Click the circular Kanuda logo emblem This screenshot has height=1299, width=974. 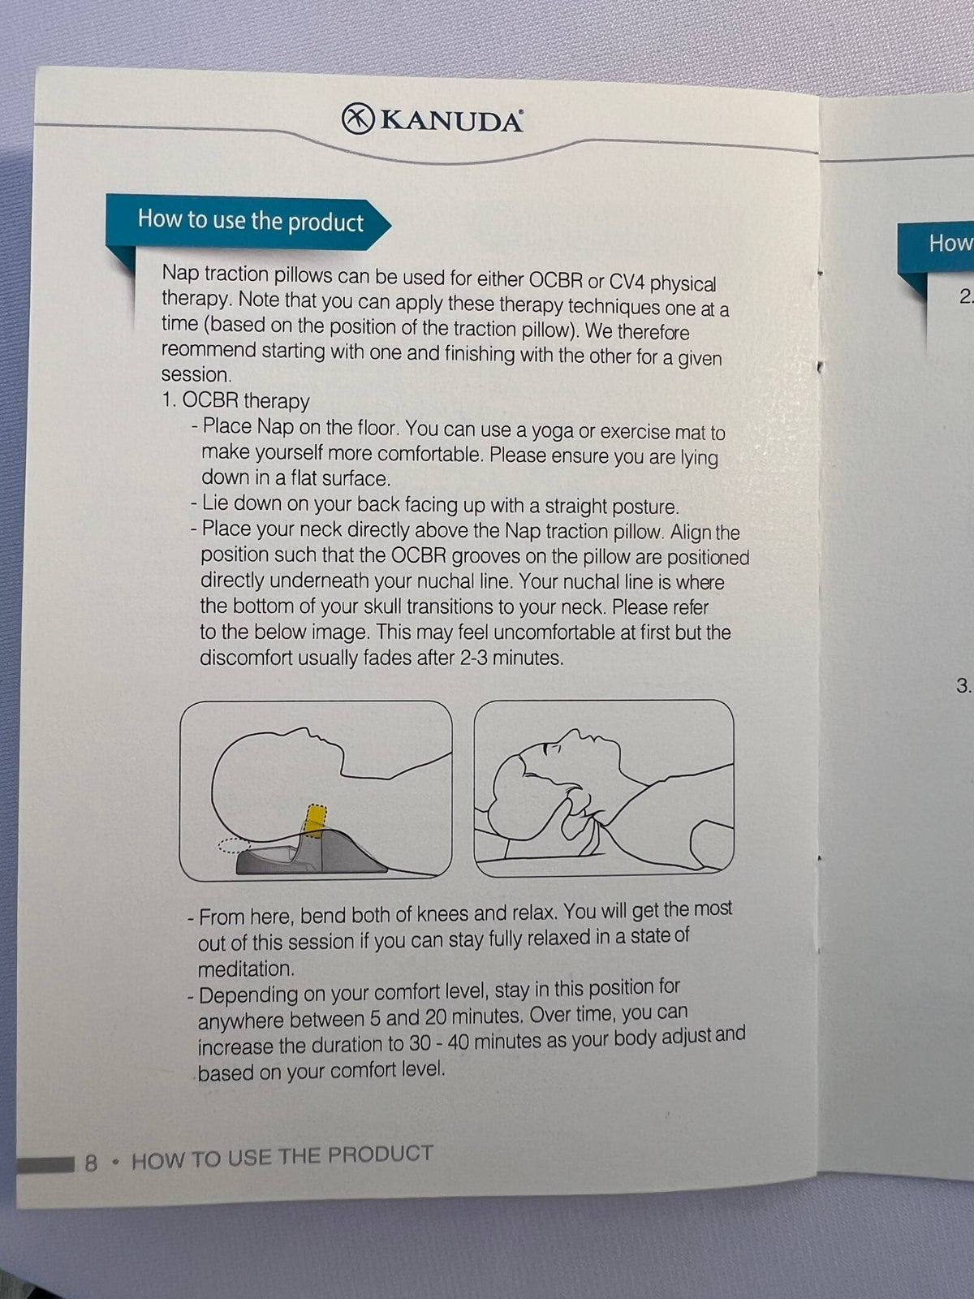click(358, 119)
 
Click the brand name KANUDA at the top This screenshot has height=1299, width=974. click(452, 121)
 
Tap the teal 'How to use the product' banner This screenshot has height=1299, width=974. click(248, 223)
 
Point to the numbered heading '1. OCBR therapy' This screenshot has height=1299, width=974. click(235, 401)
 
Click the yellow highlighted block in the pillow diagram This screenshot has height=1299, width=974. click(315, 821)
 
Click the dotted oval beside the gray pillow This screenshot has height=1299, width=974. click(235, 846)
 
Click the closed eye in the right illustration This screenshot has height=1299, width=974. click(554, 748)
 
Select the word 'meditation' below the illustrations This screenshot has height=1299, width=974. click(245, 969)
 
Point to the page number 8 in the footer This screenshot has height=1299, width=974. click(90, 1163)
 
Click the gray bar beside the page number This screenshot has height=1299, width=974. click(46, 1165)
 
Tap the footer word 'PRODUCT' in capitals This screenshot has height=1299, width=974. click(380, 1154)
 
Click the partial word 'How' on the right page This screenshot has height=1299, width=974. click(951, 244)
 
